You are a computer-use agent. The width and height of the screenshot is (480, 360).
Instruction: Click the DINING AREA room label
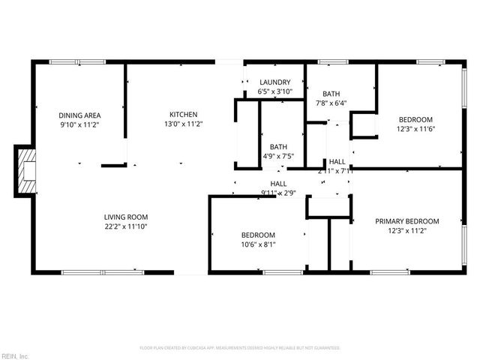pos(80,115)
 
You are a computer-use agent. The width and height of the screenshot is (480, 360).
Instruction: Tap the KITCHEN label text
pos(182,115)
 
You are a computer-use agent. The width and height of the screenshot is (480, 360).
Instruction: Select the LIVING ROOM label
pos(124,217)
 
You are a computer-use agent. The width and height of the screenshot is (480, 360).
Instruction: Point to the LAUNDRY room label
pos(274,82)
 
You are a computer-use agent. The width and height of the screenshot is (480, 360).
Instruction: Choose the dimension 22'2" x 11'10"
pos(124,226)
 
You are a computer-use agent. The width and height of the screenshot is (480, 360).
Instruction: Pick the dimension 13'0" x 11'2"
pos(182,124)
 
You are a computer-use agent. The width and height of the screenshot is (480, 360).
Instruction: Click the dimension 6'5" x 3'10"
pos(274,91)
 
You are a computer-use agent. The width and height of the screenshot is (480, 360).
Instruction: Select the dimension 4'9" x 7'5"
pos(278,156)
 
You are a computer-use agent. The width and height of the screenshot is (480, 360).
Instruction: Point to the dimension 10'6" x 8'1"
pos(257,244)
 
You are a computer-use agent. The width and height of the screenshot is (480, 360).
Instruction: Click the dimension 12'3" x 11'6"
pos(415,129)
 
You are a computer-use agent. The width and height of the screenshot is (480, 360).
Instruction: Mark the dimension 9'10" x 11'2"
pos(80,124)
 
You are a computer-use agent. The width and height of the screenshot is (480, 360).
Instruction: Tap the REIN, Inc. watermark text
pos(14,355)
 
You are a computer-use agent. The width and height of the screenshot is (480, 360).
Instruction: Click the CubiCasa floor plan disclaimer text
pos(240,348)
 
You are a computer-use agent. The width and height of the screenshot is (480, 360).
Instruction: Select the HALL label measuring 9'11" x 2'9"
pos(278,184)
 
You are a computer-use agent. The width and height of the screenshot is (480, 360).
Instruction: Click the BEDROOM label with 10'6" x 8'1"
pos(257,235)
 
